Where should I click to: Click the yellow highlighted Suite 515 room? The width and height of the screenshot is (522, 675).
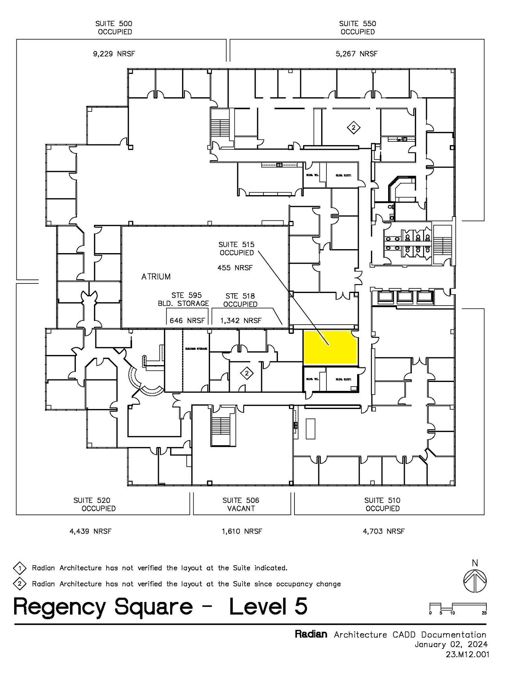coord(330,348)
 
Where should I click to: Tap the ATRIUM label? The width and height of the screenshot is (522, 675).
coord(156,277)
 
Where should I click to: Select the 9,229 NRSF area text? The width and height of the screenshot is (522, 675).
coord(114,54)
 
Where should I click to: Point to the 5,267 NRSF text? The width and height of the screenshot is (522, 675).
coord(356,54)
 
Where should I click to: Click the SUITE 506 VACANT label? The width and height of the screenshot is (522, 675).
coord(241,504)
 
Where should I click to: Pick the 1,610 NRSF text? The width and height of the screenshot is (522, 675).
coord(242,531)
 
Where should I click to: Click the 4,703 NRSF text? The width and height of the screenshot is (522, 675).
coord(384,531)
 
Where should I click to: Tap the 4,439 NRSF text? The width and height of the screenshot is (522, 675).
coord(90,531)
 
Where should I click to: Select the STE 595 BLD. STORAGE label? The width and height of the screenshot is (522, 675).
coord(183,299)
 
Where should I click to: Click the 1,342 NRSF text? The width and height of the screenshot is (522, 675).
coord(241,321)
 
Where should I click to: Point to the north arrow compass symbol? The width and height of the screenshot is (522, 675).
coord(475,581)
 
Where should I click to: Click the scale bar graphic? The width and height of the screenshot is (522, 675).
coord(458,607)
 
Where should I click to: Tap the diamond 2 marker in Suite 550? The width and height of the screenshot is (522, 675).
coord(353,128)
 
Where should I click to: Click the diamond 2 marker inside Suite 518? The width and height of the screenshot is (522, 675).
coord(247,374)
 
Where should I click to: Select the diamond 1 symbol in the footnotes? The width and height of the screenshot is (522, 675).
coord(20,568)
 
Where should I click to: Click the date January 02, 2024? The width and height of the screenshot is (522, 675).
coord(451,644)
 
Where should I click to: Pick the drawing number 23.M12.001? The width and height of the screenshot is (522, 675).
coord(467,654)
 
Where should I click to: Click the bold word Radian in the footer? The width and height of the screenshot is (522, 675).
coord(311,634)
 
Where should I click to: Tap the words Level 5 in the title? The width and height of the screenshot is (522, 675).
coord(268,607)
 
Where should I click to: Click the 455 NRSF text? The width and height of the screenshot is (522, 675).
coord(235,268)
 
